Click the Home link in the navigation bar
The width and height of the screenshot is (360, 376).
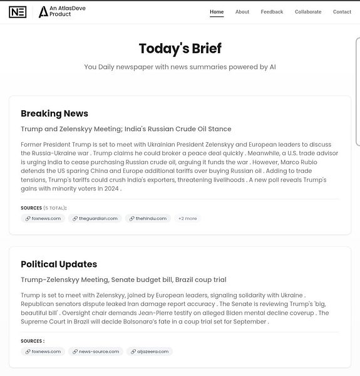point(217,12)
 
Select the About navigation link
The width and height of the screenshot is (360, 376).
point(242,12)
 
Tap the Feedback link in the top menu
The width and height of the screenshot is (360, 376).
point(272,12)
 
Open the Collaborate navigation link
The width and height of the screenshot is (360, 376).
point(308,12)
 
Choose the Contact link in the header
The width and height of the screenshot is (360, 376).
point(342,12)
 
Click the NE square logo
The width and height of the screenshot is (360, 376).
point(18,12)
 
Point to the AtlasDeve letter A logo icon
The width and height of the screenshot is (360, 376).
point(43,12)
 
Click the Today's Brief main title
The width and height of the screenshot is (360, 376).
point(180,49)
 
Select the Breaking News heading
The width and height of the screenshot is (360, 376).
point(54,113)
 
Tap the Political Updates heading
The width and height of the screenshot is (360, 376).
point(59,264)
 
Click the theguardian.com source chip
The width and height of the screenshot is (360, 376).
point(95,219)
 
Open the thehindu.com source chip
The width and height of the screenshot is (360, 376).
point(148,219)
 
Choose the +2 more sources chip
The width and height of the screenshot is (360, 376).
point(187,219)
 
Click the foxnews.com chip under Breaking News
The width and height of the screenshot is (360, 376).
point(43,219)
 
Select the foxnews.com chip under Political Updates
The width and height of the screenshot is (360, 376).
point(43,352)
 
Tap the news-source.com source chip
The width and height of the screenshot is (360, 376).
point(96,352)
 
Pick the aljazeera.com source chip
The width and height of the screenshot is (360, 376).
point(150,352)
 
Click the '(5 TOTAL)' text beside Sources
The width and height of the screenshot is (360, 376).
point(54,208)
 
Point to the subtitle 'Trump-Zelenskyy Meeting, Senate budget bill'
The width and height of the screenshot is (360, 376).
point(123,279)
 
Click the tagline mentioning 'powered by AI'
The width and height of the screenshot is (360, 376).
point(180,67)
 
